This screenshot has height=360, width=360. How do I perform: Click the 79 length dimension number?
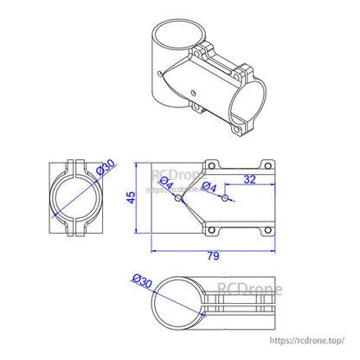(214, 256)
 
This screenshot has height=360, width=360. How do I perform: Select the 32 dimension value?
(249, 179)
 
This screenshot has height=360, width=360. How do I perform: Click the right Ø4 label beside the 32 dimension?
(208, 186)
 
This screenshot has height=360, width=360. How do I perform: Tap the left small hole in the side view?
(179, 198)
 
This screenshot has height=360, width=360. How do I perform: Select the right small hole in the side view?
(225, 198)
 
